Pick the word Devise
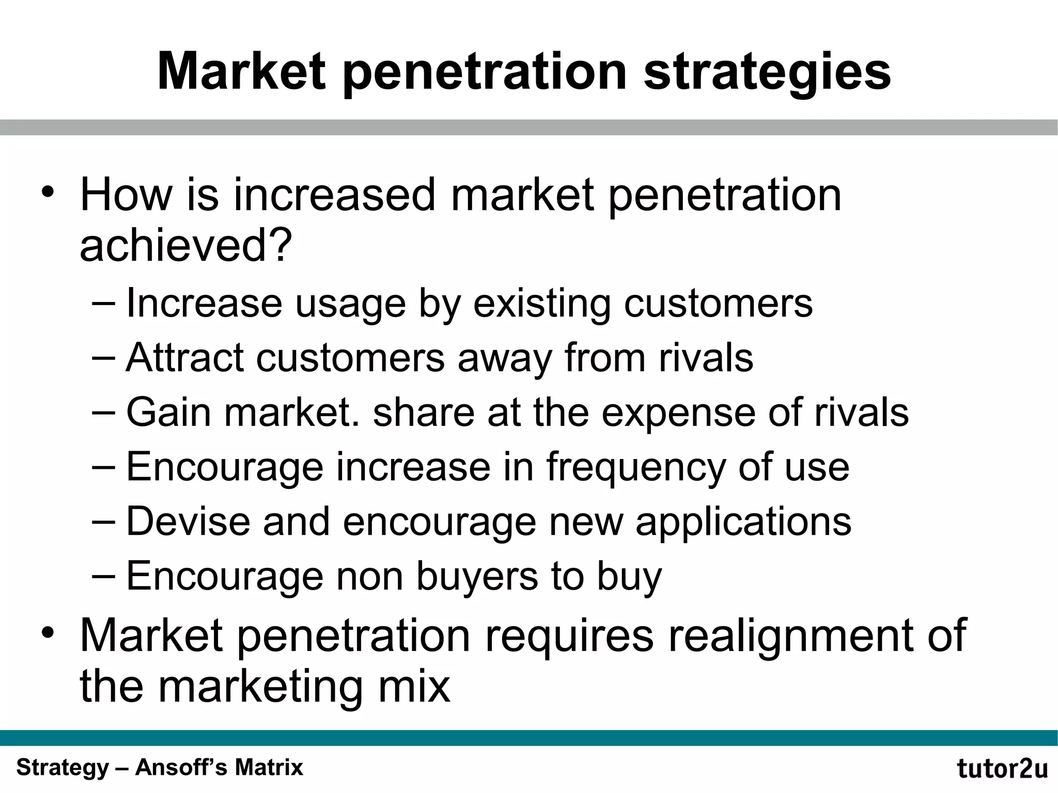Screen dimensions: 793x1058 coord(188,521)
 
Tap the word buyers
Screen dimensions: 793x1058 coord(477,577)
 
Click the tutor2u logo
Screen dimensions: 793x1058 coord(1002,768)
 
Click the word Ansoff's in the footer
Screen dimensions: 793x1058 coord(181,768)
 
